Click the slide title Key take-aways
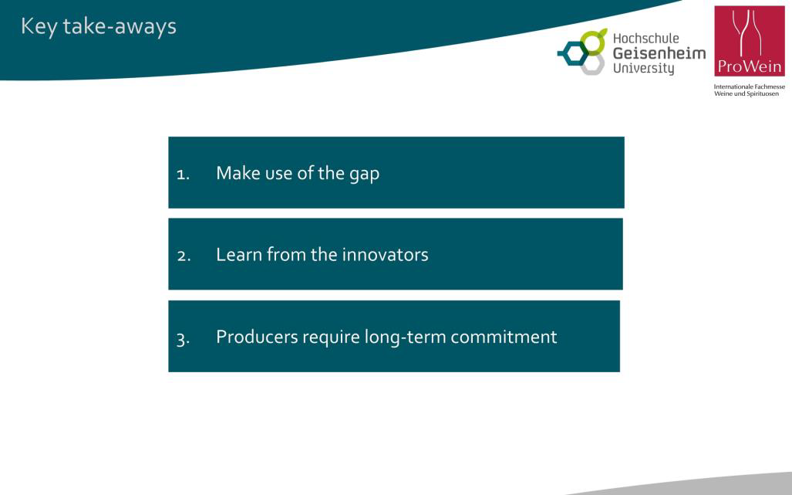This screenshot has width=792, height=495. click(99, 27)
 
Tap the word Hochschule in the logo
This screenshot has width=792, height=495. click(646, 39)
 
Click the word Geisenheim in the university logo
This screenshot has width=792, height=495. click(659, 53)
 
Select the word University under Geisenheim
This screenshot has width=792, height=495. click(643, 68)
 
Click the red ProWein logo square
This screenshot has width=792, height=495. click(750, 41)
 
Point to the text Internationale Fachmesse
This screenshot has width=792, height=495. click(749, 87)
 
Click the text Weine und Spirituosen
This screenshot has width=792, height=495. click(747, 93)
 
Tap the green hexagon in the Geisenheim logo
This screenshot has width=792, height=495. click(593, 42)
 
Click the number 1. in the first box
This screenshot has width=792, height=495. click(183, 175)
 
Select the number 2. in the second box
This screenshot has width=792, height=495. click(184, 256)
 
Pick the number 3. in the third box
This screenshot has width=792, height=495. click(183, 338)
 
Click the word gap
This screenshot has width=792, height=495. click(364, 175)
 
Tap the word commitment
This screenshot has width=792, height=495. click(504, 337)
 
